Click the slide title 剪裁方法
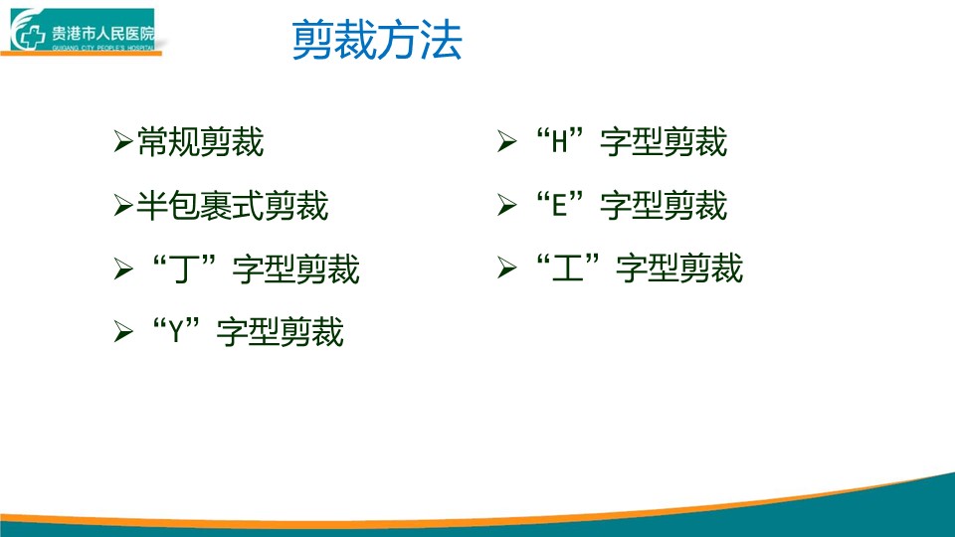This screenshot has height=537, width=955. [377, 40]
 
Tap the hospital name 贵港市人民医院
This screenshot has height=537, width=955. [102, 34]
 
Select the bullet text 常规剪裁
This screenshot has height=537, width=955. [200, 142]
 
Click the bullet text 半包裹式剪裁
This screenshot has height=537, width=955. [233, 205]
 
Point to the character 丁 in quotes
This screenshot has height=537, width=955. [185, 269]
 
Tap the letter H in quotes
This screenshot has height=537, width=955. [560, 142]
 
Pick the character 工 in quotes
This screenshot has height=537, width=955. [568, 268]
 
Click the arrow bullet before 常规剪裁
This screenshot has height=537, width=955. [123, 141]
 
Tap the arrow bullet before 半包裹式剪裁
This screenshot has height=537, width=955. [123, 205]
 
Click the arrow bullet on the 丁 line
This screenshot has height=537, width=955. [123, 268]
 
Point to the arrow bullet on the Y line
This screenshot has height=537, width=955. [123, 332]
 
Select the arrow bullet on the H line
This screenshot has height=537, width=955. [506, 141]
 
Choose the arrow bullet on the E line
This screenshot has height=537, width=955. [506, 205]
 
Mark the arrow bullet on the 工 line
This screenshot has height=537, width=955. [506, 268]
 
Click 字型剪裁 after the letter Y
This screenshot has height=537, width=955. [281, 332]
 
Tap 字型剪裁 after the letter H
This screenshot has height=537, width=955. [664, 142]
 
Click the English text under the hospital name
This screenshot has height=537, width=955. [102, 48]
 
